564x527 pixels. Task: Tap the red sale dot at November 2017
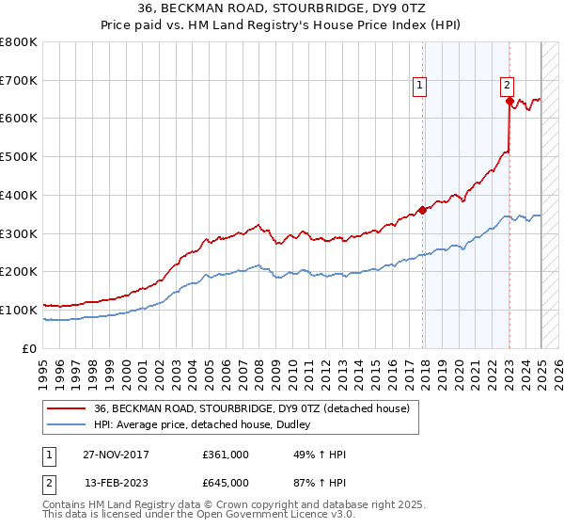click(422, 210)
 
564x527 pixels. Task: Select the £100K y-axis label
click(21, 310)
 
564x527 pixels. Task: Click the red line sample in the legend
click(66, 408)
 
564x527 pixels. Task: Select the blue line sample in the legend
click(66, 424)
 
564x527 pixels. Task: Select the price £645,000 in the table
click(226, 483)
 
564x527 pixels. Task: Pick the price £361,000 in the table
click(226, 455)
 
